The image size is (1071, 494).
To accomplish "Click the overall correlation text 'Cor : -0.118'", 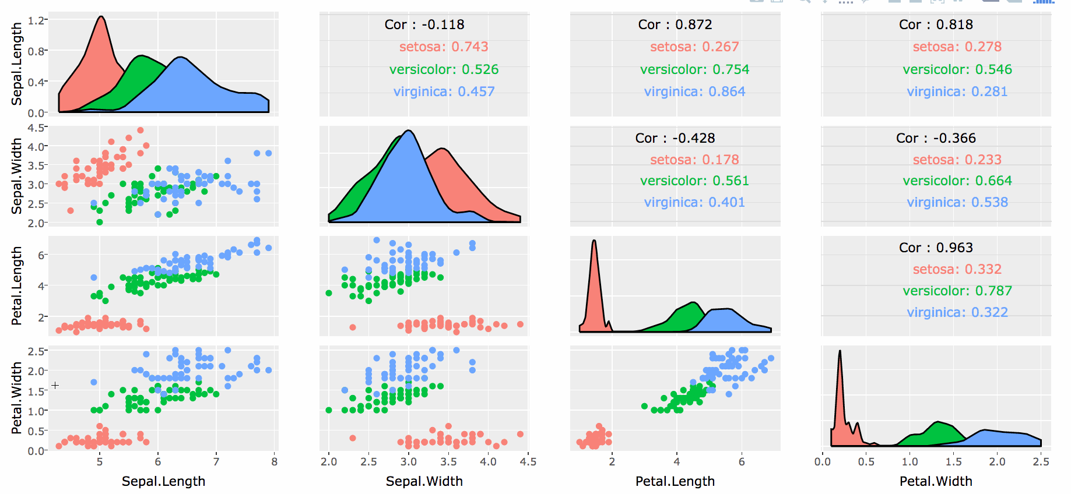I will [x=424, y=24].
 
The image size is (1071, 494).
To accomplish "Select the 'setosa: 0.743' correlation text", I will [x=444, y=47].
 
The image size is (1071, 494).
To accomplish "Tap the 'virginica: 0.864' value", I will [x=694, y=91].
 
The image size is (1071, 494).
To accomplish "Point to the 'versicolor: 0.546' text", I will [x=957, y=69].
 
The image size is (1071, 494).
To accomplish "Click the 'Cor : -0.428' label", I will [x=675, y=138].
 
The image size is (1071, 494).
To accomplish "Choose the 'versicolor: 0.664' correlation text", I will [x=957, y=181].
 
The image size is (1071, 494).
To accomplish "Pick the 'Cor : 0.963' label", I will [x=936, y=248].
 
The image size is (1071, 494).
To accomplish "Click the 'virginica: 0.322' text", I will [x=957, y=312].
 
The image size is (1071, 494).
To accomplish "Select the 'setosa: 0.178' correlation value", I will [x=694, y=160].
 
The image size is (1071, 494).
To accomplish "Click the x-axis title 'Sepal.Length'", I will [x=163, y=481].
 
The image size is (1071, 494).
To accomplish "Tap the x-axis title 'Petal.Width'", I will [x=936, y=481].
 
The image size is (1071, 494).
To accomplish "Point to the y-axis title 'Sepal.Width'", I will [x=16, y=176].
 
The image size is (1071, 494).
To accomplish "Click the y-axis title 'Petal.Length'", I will [x=16, y=285].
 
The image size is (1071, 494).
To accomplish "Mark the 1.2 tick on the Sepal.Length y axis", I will [x=36, y=20].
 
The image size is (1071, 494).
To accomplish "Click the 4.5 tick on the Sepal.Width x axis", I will [x=528, y=462].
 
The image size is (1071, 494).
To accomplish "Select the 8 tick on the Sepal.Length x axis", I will [x=275, y=462].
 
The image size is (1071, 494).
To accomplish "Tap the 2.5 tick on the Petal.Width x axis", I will [x=1041, y=462].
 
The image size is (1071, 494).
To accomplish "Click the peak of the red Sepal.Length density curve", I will [x=101, y=17].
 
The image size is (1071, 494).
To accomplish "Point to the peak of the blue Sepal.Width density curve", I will [x=409, y=131].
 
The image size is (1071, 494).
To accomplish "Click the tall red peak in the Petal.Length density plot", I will [x=594, y=241].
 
